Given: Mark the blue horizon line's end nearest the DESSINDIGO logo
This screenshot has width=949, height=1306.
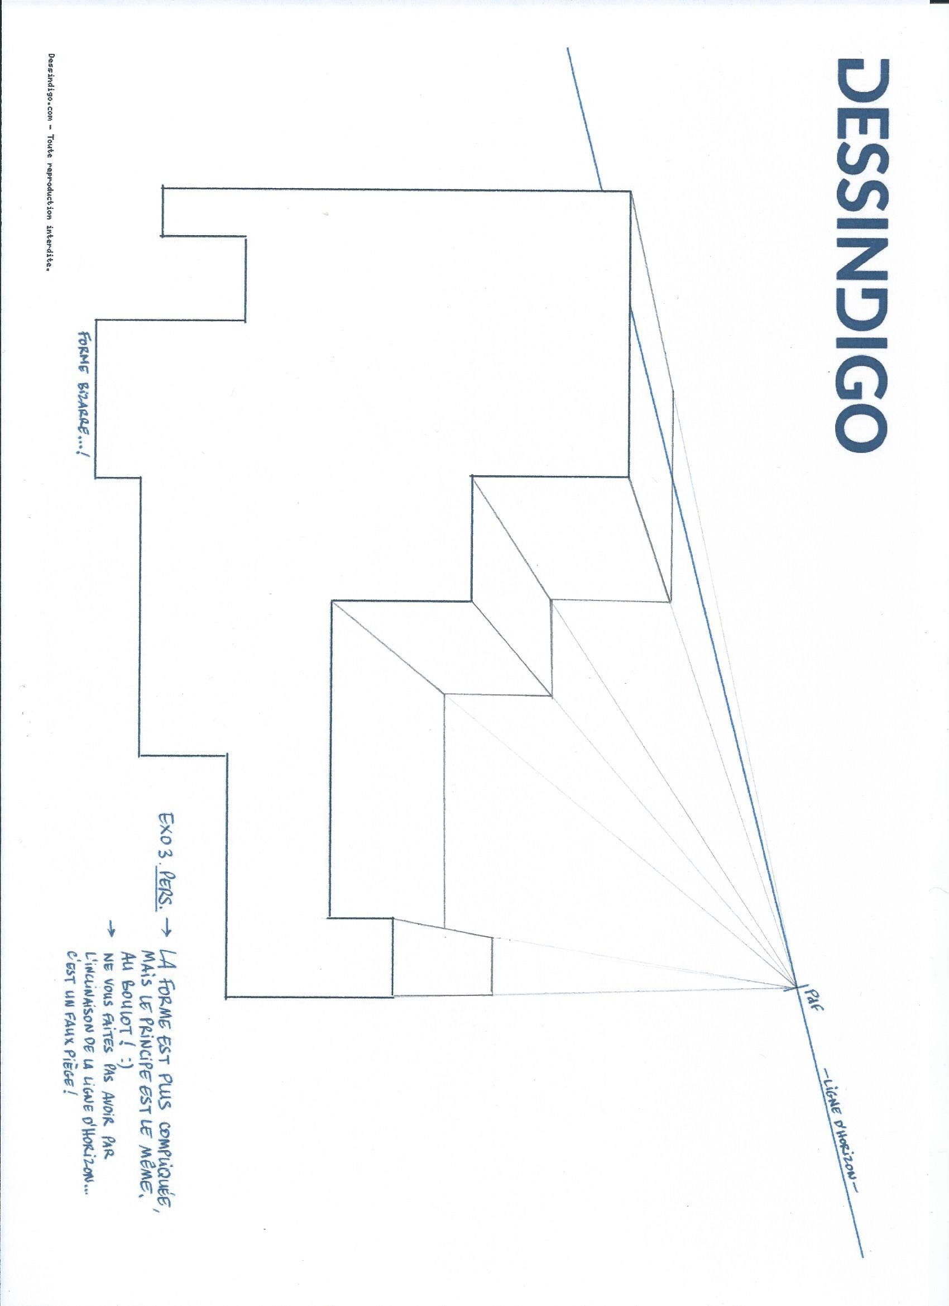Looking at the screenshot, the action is tap(568, 49).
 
